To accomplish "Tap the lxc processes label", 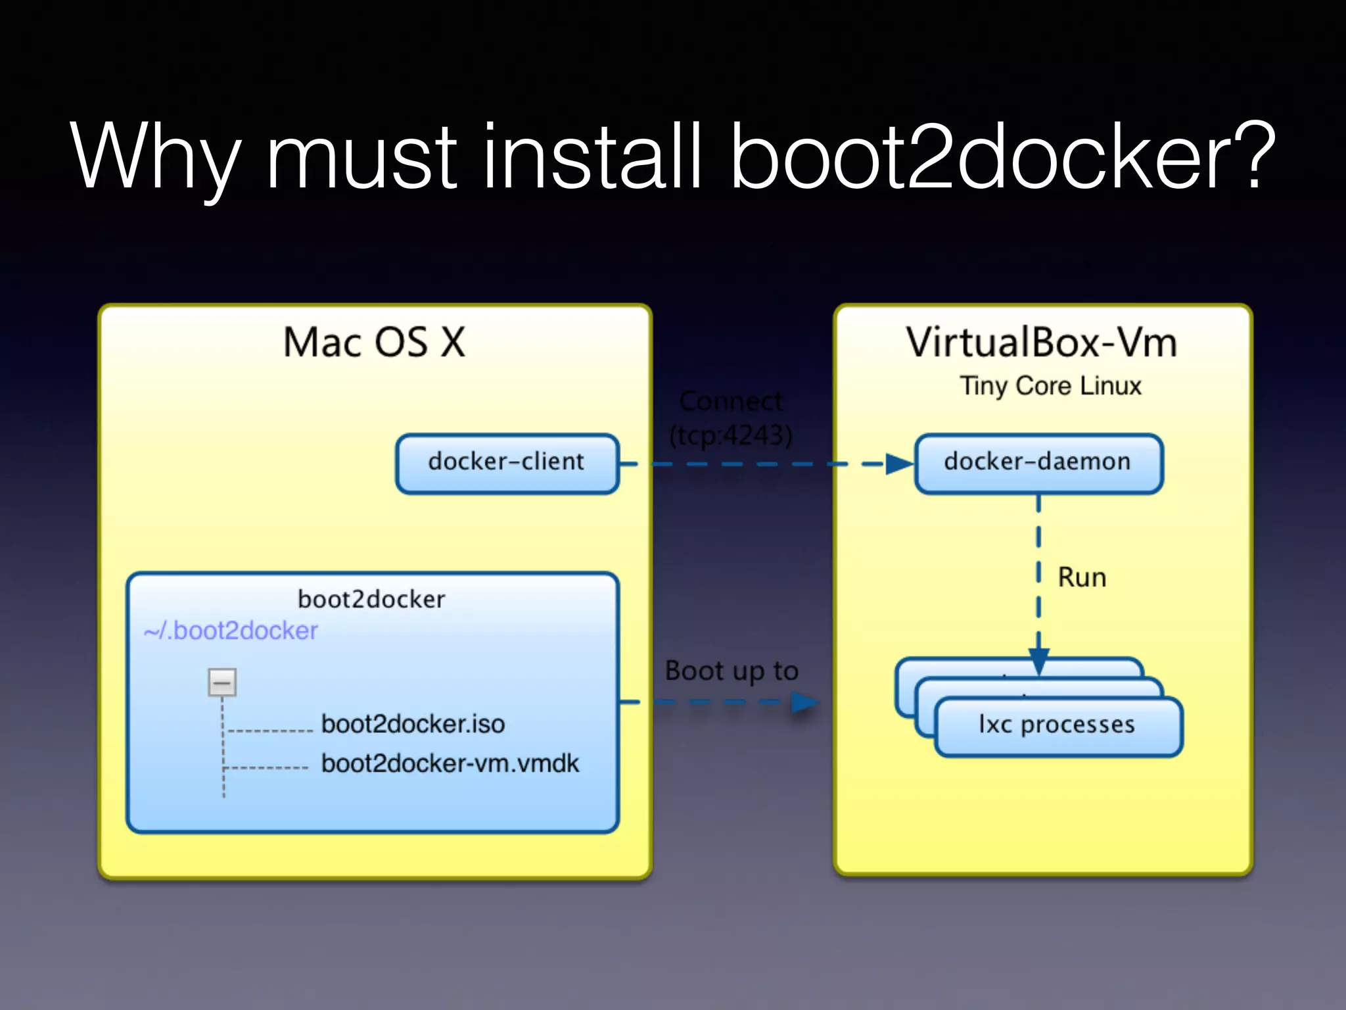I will pos(1057,725).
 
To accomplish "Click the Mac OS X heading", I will pos(374,343).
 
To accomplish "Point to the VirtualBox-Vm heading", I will pos(1042,343).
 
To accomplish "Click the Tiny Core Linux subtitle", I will pos(1050,386).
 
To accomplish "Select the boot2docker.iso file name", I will pos(413,724).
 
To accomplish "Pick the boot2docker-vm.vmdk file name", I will pos(450,763).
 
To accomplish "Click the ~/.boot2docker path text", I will pos(231,631).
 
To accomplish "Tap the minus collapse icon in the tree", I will pos(222,683).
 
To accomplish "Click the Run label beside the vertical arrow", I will pos(1082,577).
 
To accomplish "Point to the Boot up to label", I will pos(731,671).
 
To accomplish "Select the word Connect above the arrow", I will pos(731,401).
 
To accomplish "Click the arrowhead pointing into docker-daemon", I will pos(899,464).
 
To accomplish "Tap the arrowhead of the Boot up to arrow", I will pos(804,702).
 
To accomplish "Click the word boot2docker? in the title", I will pos(1002,156).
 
